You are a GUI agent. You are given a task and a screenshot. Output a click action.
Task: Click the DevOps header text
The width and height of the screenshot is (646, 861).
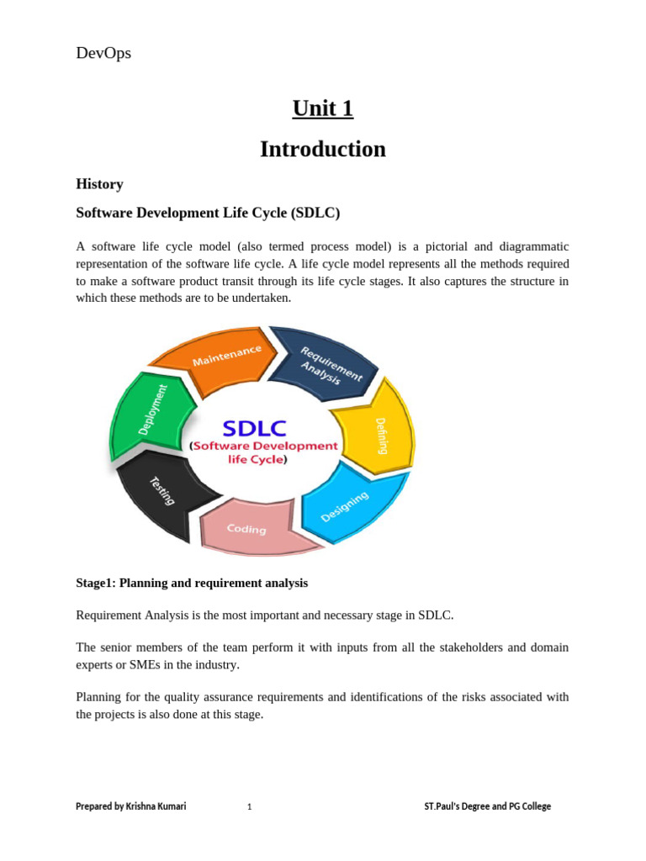click(103, 53)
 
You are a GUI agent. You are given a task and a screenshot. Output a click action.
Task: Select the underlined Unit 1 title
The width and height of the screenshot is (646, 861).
click(323, 108)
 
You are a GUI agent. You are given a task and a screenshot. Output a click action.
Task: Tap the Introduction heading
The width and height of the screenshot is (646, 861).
click(323, 149)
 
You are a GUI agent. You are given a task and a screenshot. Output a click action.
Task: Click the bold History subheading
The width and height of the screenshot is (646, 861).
click(99, 184)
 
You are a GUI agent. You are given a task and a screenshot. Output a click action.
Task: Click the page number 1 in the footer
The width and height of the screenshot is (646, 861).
click(249, 807)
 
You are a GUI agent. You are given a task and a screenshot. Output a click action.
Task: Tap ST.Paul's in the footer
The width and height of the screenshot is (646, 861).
click(443, 806)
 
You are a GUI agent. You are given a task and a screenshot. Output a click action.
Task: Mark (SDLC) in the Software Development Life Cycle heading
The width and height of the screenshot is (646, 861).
click(315, 214)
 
